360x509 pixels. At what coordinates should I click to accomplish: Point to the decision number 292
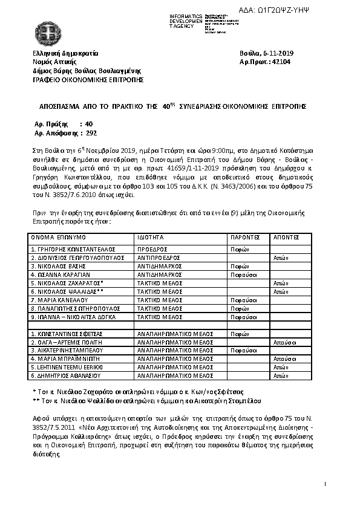tap(92, 132)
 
